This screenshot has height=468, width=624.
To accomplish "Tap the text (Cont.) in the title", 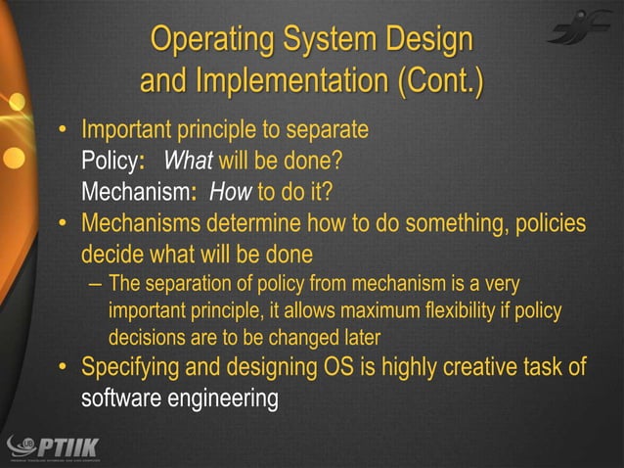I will click(x=439, y=82).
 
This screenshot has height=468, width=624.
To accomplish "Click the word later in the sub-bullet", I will click(x=359, y=338).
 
